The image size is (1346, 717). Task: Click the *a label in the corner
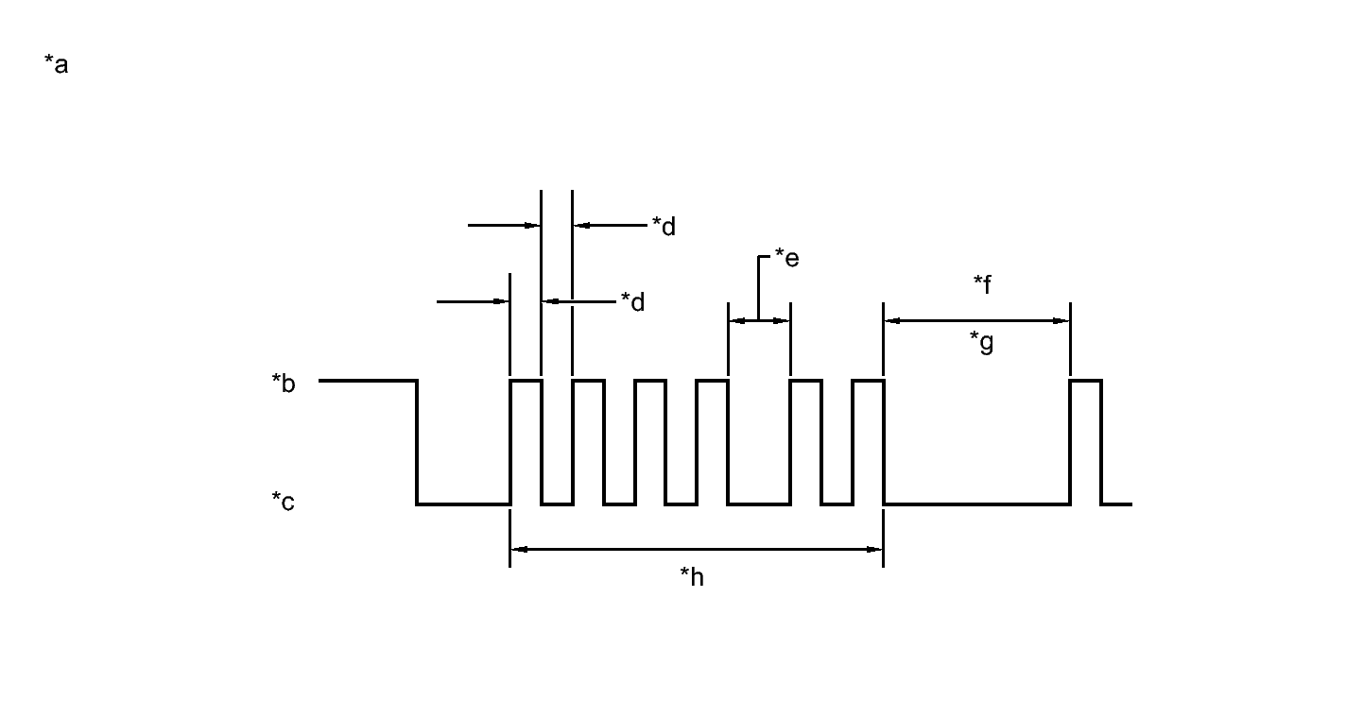coord(56,65)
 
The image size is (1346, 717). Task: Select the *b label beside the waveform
coord(283,384)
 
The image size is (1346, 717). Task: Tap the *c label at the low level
coord(283,502)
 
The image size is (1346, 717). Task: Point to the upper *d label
coord(664,227)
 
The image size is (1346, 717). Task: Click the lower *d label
coord(632,302)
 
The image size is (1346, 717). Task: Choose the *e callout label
coord(786,257)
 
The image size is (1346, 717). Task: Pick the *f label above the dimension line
coord(982,283)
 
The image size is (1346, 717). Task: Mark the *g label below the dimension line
coord(982,342)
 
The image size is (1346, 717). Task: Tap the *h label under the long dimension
coord(692,577)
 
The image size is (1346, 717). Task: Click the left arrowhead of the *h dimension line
coord(517,548)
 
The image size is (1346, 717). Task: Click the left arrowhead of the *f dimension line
coord(890,321)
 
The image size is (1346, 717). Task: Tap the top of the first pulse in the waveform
coord(526,381)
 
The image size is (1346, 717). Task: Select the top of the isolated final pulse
coord(1085,381)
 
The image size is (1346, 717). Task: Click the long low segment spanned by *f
coord(976,504)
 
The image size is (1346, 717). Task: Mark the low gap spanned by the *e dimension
coord(759,504)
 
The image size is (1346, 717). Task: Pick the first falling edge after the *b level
coord(417,442)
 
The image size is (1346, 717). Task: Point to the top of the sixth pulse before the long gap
coord(867,381)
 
